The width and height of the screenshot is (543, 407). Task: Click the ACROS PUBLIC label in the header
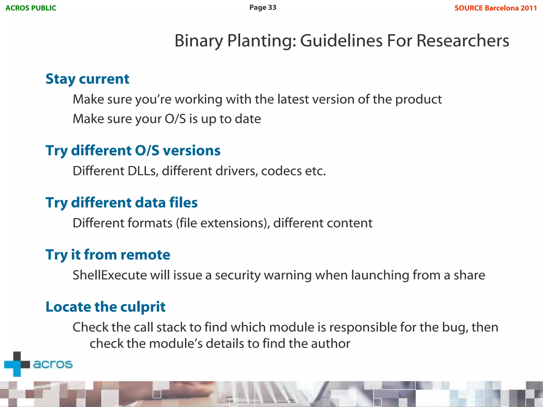31,8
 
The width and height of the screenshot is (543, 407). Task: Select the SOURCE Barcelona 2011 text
496,8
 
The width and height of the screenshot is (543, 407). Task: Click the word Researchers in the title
462,41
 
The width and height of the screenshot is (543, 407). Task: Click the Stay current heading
87,79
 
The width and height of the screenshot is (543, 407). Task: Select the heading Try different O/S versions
133,151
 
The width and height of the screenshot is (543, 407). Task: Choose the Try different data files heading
121,203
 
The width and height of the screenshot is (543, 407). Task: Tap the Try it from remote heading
108,255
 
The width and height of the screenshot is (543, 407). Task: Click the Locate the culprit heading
105,307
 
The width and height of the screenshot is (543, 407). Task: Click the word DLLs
143,171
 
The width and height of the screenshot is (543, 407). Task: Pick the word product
418,100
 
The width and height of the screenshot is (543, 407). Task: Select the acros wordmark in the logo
53,364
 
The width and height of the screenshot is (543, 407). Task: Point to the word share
469,275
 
